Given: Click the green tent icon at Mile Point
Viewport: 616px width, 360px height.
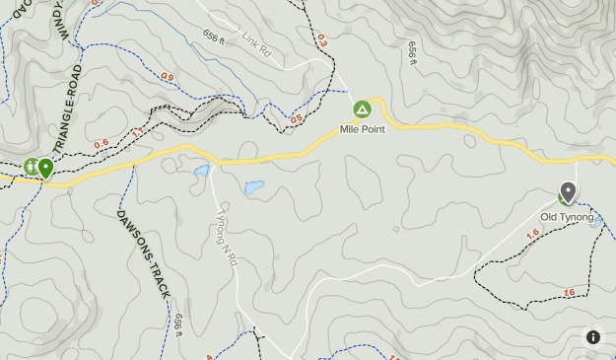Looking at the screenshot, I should coord(362,108).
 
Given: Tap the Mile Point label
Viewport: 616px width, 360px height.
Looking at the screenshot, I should coord(362,129).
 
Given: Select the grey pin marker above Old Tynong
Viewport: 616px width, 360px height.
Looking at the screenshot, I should coord(568,191).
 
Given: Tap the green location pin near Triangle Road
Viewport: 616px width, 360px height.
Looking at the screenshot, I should coord(45,168).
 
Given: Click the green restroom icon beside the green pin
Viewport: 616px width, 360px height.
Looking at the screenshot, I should coord(31,168).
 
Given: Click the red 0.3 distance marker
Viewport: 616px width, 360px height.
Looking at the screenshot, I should coord(321,40).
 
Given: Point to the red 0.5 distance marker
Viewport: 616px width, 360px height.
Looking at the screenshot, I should coord(296,119).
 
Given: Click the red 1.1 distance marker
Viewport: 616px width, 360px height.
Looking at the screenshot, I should coord(137,131).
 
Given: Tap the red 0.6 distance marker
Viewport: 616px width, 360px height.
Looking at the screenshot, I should coord(101,144).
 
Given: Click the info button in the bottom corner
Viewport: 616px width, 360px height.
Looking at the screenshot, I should coord(593,337).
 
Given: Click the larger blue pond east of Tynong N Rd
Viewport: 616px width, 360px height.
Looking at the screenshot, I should coord(254,186).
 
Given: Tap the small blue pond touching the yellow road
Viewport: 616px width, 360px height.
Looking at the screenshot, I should coord(202,171).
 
